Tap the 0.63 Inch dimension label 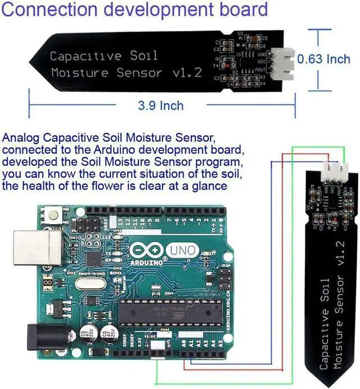pos(323,59)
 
